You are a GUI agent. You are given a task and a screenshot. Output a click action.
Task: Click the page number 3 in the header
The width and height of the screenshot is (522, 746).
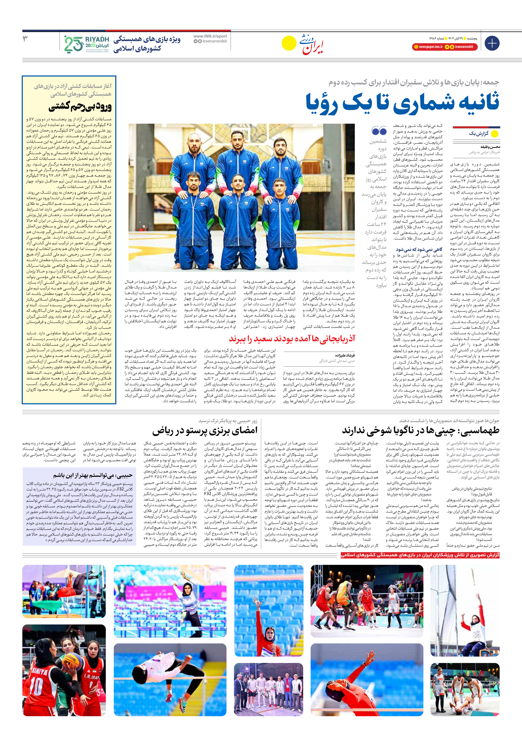tap(25, 39)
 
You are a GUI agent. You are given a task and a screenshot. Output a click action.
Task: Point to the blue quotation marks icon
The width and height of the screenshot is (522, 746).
tap(379, 131)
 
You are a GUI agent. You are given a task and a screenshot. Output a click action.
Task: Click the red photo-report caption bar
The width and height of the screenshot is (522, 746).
tap(420, 555)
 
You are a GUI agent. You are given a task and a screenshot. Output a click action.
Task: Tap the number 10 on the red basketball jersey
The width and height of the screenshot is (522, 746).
tap(36, 688)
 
